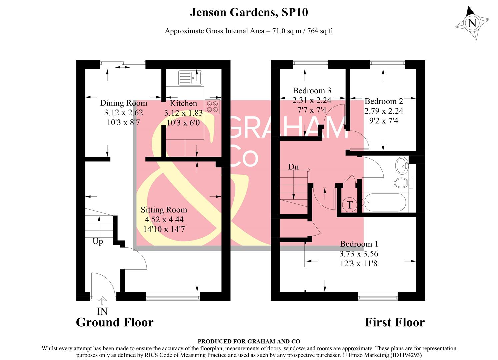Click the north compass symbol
tap(472, 23)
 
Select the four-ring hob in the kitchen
tap(212, 106)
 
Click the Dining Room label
tap(123, 103)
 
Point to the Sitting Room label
tap(164, 210)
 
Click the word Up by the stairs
tap(98, 241)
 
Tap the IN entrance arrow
tap(102, 301)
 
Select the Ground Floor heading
tap(115, 322)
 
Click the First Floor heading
tap(395, 322)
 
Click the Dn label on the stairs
tap(293, 167)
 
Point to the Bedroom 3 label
tap(312, 91)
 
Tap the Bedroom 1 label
tap(359, 244)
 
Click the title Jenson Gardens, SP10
tap(249, 12)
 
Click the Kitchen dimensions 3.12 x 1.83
tap(183, 113)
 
